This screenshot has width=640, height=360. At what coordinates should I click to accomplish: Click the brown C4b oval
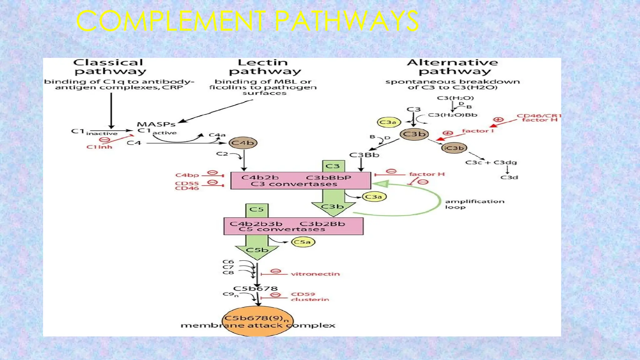243,143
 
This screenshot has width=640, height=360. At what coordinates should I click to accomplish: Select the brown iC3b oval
454,148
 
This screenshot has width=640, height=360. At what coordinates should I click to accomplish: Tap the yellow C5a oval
302,242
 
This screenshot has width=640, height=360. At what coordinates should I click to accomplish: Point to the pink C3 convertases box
300,181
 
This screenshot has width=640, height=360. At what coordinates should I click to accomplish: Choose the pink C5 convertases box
293,226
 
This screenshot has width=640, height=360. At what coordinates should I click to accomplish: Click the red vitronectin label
315,274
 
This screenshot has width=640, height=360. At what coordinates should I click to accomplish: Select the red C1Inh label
99,147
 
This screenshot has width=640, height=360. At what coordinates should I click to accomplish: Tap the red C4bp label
187,175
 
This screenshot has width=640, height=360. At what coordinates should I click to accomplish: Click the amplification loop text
474,204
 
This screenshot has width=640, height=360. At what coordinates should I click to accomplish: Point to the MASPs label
156,124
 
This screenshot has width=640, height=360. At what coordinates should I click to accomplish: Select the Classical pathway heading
110,67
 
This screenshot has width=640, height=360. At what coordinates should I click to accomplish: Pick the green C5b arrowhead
257,251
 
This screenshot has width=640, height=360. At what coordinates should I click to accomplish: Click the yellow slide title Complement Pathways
247,21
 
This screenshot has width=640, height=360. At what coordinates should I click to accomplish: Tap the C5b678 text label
255,288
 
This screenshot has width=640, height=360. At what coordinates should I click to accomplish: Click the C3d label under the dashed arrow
509,177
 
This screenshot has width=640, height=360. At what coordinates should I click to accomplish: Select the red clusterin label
310,299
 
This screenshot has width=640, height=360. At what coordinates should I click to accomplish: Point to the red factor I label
477,131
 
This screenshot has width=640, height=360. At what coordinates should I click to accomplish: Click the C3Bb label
364,155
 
